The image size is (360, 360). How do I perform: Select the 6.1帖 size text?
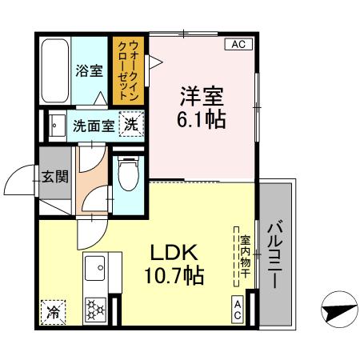[200, 120]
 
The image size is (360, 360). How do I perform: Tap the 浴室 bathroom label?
[88, 70]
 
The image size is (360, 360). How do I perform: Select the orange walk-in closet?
[127, 70]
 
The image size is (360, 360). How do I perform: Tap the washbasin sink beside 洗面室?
[57, 125]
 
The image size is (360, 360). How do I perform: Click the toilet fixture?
[128, 173]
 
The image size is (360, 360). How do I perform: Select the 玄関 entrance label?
[56, 176]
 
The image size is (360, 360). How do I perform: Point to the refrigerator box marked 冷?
[53, 310]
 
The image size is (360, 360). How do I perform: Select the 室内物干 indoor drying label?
[245, 256]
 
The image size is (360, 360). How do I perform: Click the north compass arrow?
[339, 309]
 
